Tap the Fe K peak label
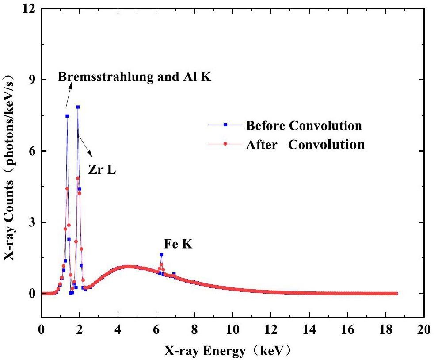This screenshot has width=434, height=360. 178,243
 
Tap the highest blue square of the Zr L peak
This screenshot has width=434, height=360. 78,107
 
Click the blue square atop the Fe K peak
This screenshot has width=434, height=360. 161,254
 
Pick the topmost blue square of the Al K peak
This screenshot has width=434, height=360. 67,116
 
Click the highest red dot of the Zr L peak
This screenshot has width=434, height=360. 78,178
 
